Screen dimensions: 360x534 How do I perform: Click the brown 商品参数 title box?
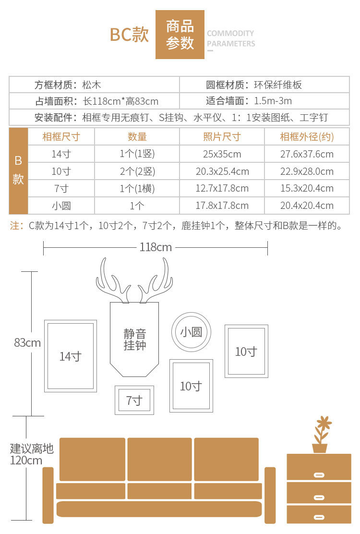coord(180,35)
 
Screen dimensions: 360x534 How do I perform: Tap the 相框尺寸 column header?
coord(61,137)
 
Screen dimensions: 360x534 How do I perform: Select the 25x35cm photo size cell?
coord(222,154)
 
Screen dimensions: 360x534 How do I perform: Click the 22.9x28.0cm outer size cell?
coord(307,171)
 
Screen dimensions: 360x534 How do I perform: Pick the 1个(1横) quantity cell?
coord(137,189)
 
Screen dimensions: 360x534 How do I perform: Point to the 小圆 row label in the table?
coord(61,206)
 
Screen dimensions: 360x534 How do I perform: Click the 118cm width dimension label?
coord(156,247)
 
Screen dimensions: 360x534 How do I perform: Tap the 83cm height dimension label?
coord(27,343)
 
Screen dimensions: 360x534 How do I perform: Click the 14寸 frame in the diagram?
coord(71,356)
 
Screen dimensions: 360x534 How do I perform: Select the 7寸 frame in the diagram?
coord(134,400)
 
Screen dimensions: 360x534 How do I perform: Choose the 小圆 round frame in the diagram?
coord(191,332)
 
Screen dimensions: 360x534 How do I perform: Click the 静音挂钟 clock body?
coord(134,339)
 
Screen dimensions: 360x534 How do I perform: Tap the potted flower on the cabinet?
coord(321,434)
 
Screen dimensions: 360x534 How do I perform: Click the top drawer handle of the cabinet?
coord(319,475)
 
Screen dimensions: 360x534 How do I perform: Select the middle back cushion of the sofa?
coord(159,459)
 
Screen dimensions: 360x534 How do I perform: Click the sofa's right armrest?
coord(270,495)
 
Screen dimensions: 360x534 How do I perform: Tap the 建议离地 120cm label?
coord(30,455)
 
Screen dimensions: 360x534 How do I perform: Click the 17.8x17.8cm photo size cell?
coord(222,206)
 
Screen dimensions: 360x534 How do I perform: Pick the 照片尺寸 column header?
coord(222,137)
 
